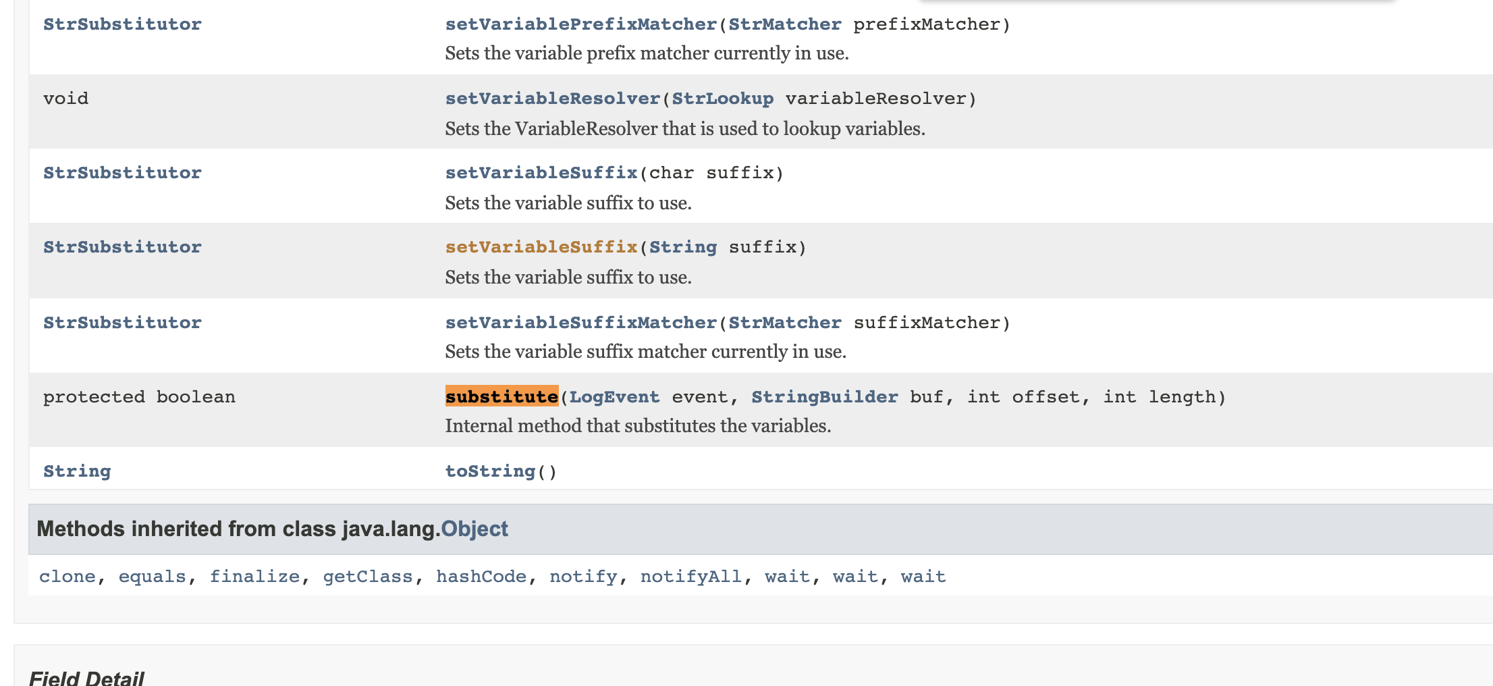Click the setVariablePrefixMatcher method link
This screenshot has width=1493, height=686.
(x=581, y=24)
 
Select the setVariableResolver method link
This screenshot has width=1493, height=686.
(x=553, y=99)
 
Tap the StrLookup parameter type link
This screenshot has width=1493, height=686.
(x=723, y=99)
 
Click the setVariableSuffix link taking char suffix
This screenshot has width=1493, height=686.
(x=541, y=173)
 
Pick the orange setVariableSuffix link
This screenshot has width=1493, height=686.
(x=541, y=247)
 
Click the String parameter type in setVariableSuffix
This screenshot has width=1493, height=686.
(x=683, y=248)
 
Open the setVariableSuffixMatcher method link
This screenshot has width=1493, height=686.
(x=581, y=323)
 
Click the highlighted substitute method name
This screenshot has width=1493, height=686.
(x=501, y=396)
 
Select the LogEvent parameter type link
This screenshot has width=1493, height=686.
(x=614, y=397)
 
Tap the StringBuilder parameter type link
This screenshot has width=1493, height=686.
(x=825, y=397)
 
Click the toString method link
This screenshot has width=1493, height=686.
(x=491, y=471)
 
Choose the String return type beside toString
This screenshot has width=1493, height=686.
(x=77, y=471)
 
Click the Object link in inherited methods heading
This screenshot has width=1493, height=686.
(x=474, y=529)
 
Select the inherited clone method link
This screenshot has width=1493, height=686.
(x=67, y=577)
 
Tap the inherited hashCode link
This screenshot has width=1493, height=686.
(x=481, y=577)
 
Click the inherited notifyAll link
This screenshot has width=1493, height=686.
(x=691, y=577)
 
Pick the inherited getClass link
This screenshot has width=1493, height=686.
(x=368, y=577)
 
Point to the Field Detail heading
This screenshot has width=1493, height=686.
(x=86, y=677)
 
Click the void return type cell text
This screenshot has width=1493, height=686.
(x=65, y=99)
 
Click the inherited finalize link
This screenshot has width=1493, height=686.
(x=254, y=577)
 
